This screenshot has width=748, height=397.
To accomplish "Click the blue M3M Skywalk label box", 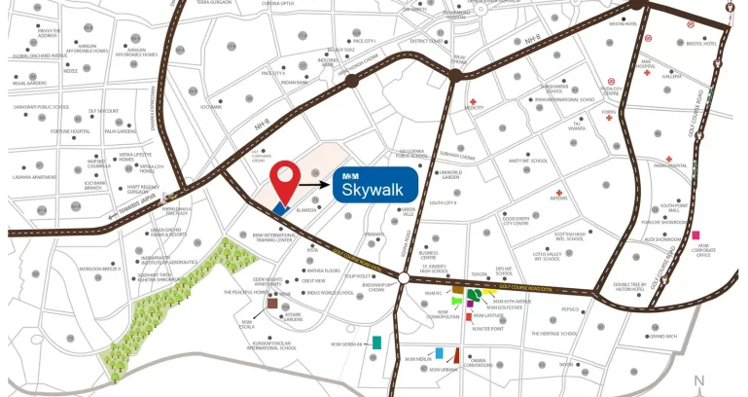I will [x=375, y=185].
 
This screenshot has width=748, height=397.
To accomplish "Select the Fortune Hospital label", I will [x=71, y=130].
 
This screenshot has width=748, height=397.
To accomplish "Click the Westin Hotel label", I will [x=623, y=24].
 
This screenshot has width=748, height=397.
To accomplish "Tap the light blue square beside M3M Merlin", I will [x=440, y=352].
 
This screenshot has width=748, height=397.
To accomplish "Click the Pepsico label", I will [x=569, y=310].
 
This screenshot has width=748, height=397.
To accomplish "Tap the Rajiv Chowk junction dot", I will [x=455, y=74].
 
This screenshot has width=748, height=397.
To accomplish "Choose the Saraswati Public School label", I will [x=42, y=107].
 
